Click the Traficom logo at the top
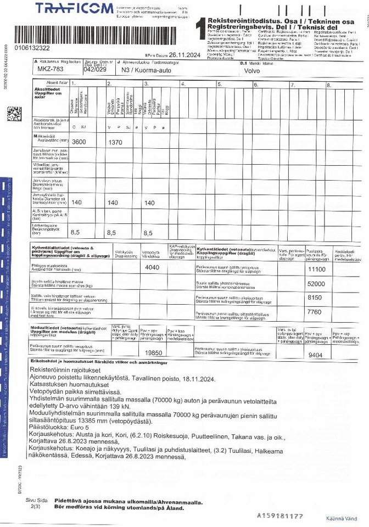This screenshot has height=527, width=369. click(75, 9)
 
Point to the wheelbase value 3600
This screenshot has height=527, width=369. click(79, 142)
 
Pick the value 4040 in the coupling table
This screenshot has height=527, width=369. click(152, 267)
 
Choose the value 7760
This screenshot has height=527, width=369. click(315, 312)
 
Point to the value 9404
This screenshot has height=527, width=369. click(315, 355)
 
